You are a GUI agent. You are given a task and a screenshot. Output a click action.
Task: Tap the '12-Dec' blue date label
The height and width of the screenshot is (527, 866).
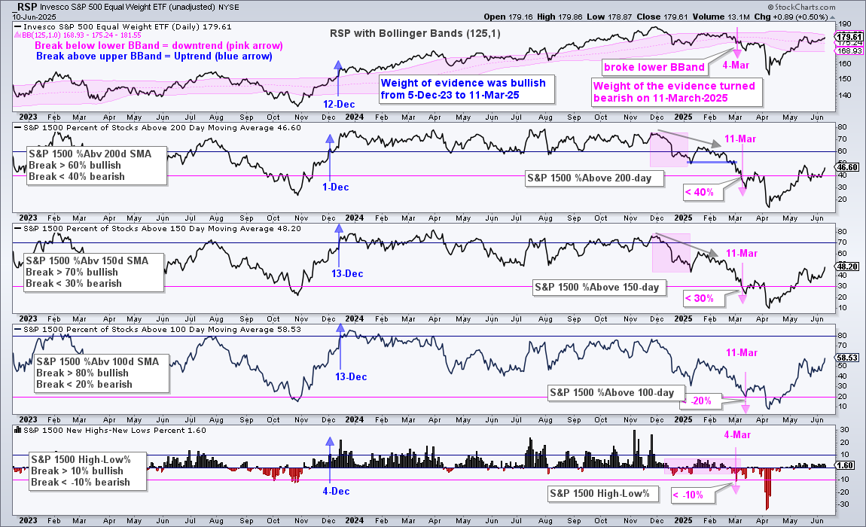(339, 105)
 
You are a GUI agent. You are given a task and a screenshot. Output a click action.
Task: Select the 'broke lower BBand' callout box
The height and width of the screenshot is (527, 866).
(654, 68)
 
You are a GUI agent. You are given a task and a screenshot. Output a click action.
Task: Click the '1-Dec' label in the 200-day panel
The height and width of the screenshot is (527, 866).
(336, 187)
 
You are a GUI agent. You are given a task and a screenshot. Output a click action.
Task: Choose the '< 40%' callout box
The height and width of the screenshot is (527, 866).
(700, 192)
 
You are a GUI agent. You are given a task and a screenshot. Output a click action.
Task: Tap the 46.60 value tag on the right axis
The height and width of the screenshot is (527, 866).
(848, 167)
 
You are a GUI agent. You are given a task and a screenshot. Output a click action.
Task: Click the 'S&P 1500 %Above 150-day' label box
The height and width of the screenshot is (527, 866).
(596, 288)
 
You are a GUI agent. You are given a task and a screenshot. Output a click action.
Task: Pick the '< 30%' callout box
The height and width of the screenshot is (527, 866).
(700, 298)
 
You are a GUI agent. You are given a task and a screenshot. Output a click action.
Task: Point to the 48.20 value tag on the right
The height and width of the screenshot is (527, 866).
(848, 267)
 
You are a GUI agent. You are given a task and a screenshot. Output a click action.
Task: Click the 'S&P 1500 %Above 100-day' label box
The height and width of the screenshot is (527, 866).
(612, 393)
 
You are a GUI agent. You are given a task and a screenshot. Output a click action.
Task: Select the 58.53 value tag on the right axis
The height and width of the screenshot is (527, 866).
(848, 358)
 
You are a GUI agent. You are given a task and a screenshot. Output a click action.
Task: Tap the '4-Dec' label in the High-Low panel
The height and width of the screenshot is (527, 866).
(337, 491)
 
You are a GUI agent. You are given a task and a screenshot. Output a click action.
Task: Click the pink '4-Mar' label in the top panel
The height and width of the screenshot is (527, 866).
(736, 65)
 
